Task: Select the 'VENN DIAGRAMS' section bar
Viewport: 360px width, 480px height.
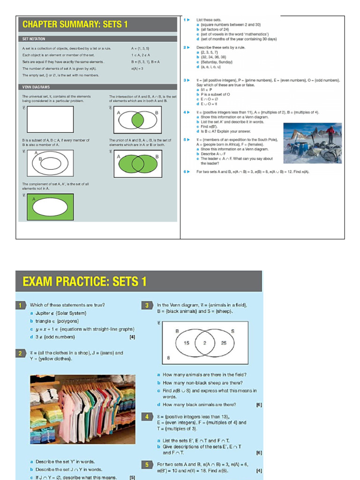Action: (x=36, y=87)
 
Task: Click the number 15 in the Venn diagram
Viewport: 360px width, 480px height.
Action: (x=186, y=343)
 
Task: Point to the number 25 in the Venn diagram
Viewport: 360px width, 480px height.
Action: (x=224, y=343)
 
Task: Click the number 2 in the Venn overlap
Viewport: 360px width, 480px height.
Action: (x=205, y=343)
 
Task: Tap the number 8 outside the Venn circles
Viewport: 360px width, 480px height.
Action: (x=168, y=357)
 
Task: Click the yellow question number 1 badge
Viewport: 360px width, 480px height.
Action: (x=21, y=305)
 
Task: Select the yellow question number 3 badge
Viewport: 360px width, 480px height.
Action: (x=147, y=305)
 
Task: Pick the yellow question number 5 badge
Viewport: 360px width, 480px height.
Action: (x=147, y=465)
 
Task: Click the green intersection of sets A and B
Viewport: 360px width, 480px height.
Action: (x=137, y=120)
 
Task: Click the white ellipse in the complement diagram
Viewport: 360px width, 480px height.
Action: (x=49, y=207)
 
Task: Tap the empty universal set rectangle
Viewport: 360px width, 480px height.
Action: (x=50, y=120)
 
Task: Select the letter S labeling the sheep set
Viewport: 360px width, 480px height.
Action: (x=232, y=331)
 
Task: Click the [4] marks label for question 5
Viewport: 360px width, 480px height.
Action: (x=259, y=471)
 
